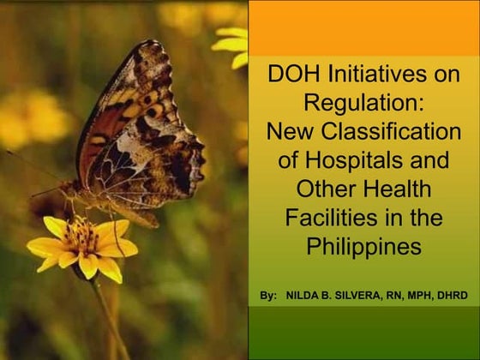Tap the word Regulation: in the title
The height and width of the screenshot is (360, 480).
(364, 104)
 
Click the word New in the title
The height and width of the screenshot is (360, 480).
(290, 132)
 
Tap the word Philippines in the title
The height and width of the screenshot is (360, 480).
(364, 248)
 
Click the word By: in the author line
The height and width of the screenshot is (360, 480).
(267, 296)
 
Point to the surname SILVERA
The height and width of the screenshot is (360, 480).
(365, 296)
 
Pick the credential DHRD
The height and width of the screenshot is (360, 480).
(454, 296)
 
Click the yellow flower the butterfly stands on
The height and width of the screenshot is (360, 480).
(82, 247)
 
